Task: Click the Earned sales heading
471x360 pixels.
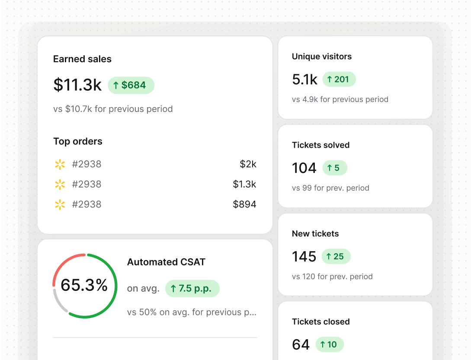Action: (x=82, y=59)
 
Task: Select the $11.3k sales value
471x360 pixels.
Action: (x=77, y=85)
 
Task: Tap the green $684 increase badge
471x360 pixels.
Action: (x=131, y=85)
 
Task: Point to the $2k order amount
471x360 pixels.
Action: (x=248, y=164)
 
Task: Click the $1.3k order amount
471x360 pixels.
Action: (x=244, y=184)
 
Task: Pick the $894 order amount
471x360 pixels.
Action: (x=244, y=204)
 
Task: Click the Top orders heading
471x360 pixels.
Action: (x=78, y=141)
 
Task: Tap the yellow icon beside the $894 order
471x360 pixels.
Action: (x=60, y=204)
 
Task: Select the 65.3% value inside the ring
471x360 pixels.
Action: (x=84, y=285)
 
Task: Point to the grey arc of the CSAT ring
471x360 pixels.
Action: (x=58, y=303)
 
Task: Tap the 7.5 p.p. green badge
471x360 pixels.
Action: (x=192, y=289)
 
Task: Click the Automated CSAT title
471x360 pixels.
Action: (x=166, y=262)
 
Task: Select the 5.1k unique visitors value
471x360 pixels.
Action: (x=304, y=80)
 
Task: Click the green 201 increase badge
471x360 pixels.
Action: (x=339, y=80)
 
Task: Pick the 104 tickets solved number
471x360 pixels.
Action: (x=304, y=168)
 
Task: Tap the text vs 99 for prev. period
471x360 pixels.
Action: (x=330, y=188)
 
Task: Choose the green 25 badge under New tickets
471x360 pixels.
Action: (x=336, y=257)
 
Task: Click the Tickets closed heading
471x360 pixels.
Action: (x=320, y=322)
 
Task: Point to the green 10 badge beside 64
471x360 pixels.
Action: (x=329, y=344)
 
